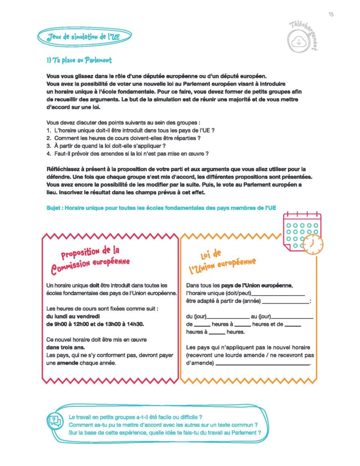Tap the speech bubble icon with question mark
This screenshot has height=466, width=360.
pyautogui.click(x=55, y=420)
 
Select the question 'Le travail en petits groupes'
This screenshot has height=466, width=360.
pyautogui.click(x=135, y=417)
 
